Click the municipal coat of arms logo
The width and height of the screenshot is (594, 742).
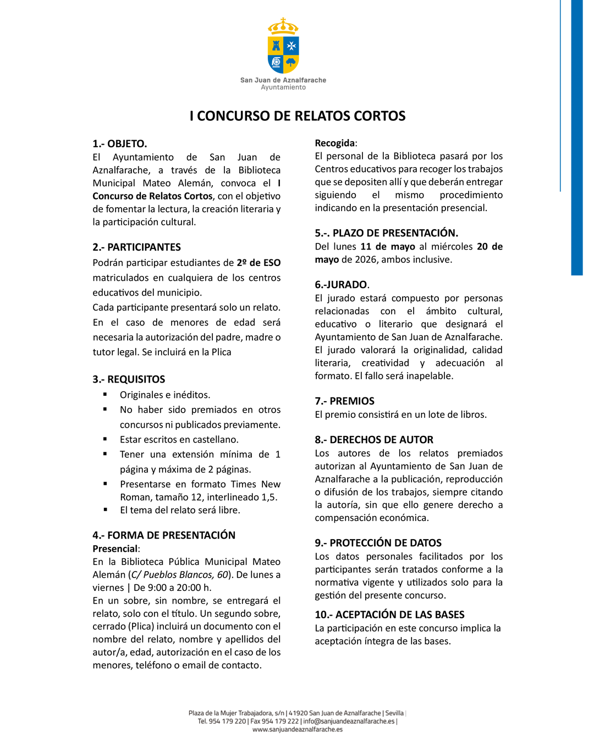click(283, 46)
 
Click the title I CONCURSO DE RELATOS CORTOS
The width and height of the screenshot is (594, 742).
click(297, 116)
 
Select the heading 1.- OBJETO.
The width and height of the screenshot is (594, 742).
click(119, 144)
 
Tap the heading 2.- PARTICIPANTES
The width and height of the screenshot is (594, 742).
click(136, 247)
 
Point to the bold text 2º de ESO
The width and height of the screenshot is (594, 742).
click(258, 263)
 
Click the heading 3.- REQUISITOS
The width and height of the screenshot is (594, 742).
click(129, 379)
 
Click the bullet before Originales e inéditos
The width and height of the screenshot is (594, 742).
click(105, 394)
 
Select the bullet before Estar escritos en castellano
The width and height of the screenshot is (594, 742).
click(105, 439)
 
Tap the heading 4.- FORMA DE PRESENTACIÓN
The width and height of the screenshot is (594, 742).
click(164, 535)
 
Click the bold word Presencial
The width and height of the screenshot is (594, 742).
click(115, 549)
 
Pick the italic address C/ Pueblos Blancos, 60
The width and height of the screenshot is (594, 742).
click(180, 575)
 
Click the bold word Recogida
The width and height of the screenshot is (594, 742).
click(335, 143)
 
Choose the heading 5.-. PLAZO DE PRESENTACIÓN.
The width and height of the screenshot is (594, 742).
click(386, 233)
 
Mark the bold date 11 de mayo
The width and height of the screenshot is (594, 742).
click(388, 247)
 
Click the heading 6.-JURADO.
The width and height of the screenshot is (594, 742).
click(342, 285)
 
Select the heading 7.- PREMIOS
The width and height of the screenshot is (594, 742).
click(344, 401)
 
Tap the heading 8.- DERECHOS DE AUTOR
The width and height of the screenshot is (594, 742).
click(374, 440)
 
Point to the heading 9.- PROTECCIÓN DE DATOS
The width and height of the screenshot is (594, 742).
click(378, 543)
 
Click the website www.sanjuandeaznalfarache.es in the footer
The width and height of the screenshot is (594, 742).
click(297, 729)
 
